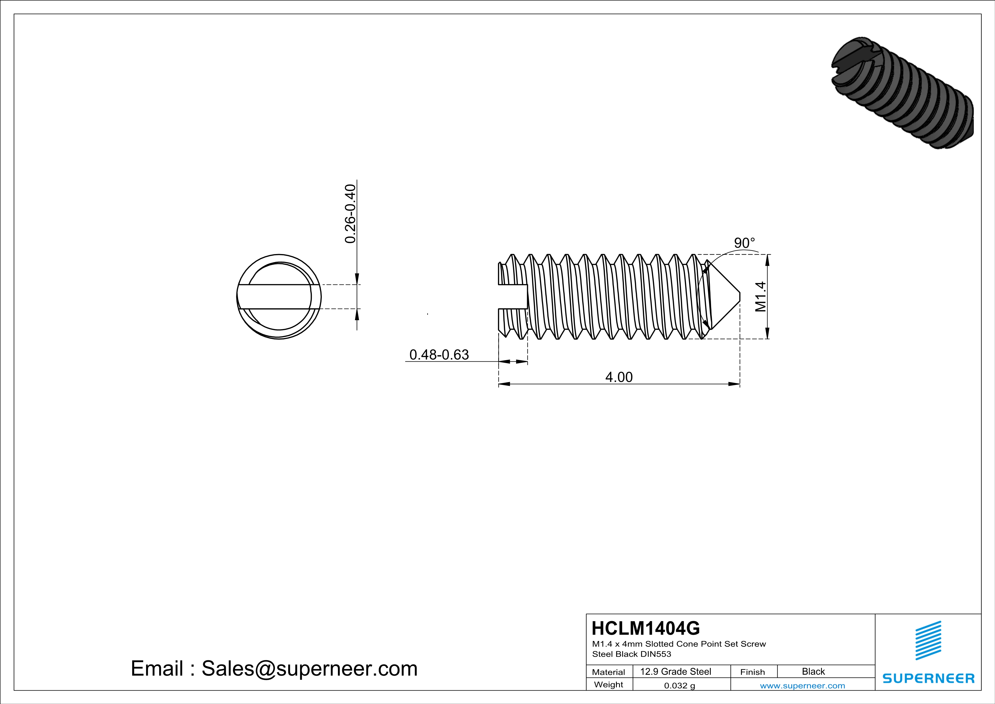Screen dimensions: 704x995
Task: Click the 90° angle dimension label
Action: point(744,243)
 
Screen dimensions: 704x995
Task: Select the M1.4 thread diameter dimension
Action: point(761,297)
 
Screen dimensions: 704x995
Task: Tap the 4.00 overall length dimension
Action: point(619,377)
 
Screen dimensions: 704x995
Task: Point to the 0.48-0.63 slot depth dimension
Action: point(439,355)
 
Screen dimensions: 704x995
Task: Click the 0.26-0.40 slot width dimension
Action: point(350,214)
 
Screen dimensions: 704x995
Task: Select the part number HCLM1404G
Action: point(645,628)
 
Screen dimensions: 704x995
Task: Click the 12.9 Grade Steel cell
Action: point(676,671)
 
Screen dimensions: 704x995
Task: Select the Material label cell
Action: point(609,672)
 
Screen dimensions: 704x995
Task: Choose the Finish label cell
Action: point(752,672)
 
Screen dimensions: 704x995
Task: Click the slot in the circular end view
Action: point(275,297)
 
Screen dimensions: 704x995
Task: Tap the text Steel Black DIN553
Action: point(631,654)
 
